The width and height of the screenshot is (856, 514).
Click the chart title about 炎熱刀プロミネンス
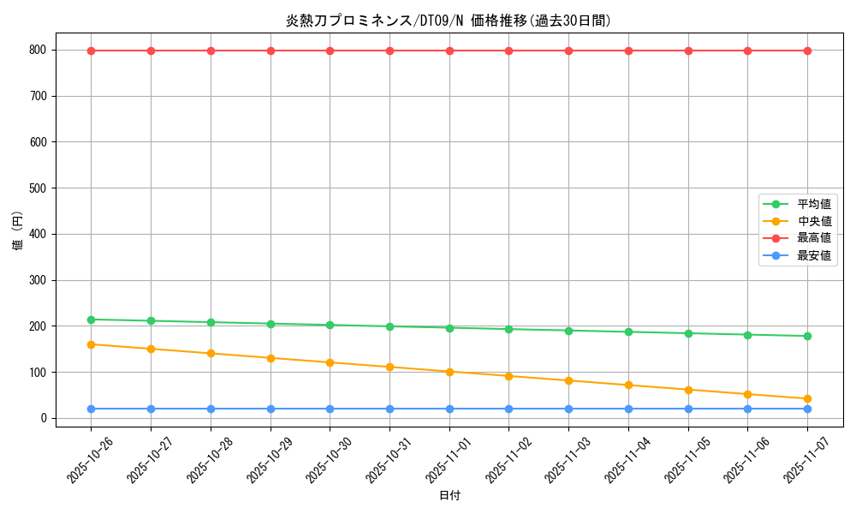449,21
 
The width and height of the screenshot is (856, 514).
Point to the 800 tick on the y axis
38,51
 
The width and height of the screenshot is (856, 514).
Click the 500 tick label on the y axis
38,188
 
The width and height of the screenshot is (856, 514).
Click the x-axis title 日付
449,496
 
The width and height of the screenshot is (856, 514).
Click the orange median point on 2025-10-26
92,344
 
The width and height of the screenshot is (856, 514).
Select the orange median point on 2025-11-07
807,398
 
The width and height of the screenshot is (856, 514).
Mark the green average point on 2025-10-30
330,325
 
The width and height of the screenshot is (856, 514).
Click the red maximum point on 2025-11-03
568,51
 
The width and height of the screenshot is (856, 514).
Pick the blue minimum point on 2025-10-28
211,409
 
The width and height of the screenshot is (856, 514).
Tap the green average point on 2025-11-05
688,333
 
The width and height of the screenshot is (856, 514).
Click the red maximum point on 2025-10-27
152,51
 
